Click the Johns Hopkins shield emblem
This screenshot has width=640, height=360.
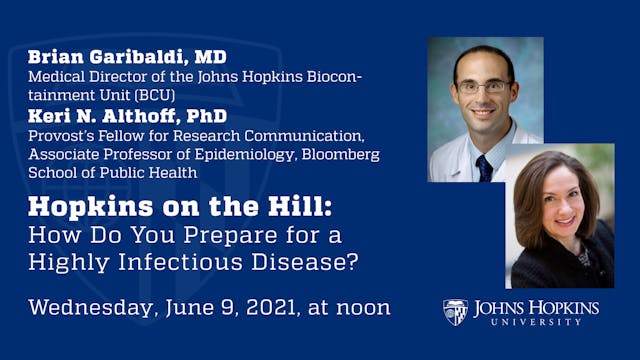455,312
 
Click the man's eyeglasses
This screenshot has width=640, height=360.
482,88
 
